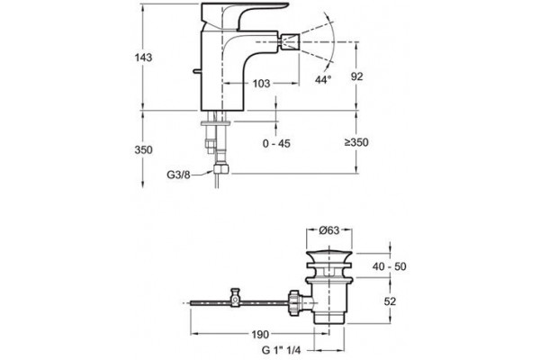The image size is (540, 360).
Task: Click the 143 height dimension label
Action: pyautogui.click(x=143, y=58)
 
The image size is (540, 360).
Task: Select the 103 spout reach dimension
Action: pyautogui.click(x=261, y=84)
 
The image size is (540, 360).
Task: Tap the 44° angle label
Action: pyautogui.click(x=323, y=79)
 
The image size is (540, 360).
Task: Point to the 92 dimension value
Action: pyautogui.click(x=356, y=76)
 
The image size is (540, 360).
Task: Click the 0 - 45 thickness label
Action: pyautogui.click(x=276, y=143)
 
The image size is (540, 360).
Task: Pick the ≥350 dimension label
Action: pyautogui.click(x=356, y=142)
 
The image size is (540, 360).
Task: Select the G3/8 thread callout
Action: pyautogui.click(x=178, y=175)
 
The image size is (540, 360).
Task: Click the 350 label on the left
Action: pyautogui.click(x=143, y=150)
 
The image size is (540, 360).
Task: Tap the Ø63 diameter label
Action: pyautogui.click(x=329, y=230)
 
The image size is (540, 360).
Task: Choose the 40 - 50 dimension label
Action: pyautogui.click(x=389, y=266)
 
